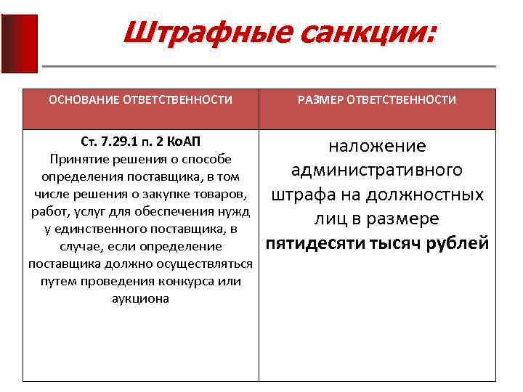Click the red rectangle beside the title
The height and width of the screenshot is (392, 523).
20,44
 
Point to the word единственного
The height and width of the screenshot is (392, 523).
98,229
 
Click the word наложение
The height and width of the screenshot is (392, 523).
377,147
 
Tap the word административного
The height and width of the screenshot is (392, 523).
377,171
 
